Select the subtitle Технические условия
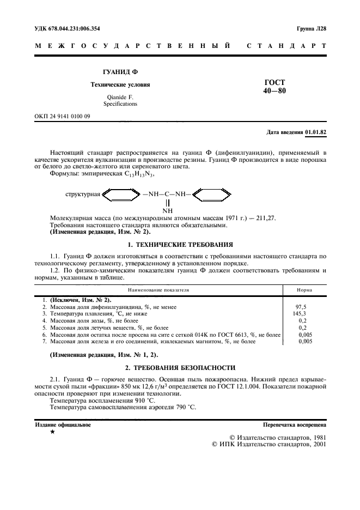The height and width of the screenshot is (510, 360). tap(120, 85)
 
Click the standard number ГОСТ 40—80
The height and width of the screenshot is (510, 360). tap(274, 86)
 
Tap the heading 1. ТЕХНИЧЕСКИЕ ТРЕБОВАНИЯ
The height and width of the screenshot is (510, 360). tap(180, 245)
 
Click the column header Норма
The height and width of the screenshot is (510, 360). tap(304, 290)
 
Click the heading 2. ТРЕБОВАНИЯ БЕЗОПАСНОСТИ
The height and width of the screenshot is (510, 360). tap(180, 367)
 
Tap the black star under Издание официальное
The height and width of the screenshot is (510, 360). tap(52, 432)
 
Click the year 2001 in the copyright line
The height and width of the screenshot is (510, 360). tap(317, 444)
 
